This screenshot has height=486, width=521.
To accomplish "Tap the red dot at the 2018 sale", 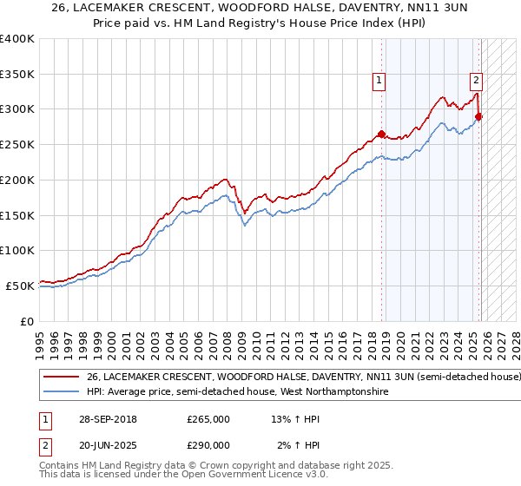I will point(381,134).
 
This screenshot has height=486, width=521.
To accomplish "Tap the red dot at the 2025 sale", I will point(478,116).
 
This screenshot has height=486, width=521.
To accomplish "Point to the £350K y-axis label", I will point(17,75).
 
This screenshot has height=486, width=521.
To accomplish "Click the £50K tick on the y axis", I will point(21,286).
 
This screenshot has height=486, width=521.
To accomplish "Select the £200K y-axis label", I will point(17,180).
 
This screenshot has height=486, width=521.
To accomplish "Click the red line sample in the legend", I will point(62,378).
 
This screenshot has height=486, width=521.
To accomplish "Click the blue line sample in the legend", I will point(62,392).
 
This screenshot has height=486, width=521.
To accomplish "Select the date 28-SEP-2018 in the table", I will point(102,420).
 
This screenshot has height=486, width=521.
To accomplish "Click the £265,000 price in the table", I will point(208,420).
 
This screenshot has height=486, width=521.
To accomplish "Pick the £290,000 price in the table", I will point(208,444).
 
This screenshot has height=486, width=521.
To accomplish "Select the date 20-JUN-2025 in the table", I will point(102,444).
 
